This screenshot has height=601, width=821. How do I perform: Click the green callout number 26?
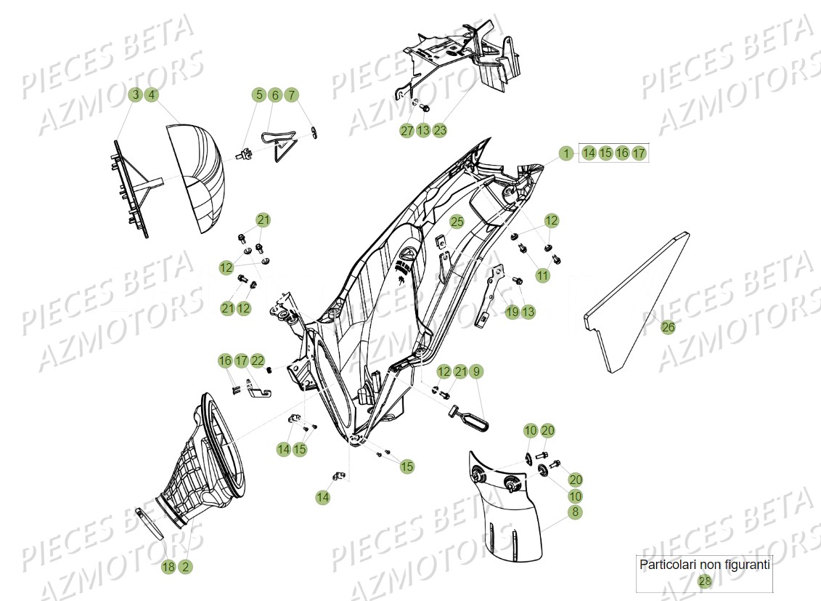(668, 328)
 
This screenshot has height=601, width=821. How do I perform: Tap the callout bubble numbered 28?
(704, 581)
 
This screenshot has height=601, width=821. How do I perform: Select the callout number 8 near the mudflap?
(575, 512)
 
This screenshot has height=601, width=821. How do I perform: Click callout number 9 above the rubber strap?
(476, 371)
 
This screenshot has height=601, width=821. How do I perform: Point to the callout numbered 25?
(456, 222)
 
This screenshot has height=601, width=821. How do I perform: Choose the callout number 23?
(440, 131)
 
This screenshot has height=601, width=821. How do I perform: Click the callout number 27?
(407, 131)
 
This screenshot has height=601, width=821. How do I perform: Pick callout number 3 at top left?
(134, 94)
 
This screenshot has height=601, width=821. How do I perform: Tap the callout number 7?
(290, 94)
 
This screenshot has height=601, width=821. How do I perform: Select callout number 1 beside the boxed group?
(565, 153)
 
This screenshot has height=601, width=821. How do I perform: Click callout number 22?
(258, 360)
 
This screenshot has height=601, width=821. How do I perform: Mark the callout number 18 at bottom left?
(168, 567)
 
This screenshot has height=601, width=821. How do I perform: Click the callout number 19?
(512, 312)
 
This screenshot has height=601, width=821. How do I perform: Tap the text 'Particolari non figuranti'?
(703, 564)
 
